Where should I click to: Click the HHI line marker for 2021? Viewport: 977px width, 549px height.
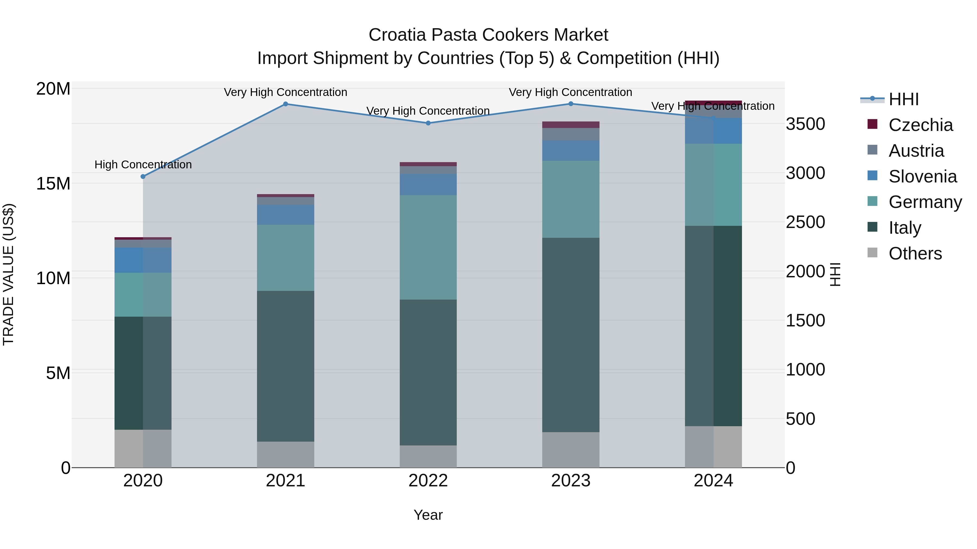[286, 104]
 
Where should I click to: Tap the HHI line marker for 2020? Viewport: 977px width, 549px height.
[143, 176]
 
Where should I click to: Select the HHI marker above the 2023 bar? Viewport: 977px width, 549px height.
[571, 104]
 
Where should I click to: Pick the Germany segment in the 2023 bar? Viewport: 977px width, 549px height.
[571, 199]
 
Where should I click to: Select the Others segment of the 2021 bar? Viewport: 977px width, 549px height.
[286, 454]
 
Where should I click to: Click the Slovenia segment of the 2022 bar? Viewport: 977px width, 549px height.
[428, 185]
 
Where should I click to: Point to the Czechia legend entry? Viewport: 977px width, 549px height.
[921, 125]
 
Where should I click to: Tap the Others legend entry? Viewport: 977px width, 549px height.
[915, 253]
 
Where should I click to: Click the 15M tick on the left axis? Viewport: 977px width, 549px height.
[53, 184]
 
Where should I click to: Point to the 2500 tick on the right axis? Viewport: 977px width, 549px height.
[805, 222]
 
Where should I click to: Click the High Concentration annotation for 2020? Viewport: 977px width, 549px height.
[143, 165]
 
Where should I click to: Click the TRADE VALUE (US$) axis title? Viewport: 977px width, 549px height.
[8, 274]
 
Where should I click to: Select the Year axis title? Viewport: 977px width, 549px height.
[428, 515]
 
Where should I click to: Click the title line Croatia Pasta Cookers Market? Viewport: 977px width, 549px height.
[488, 35]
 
